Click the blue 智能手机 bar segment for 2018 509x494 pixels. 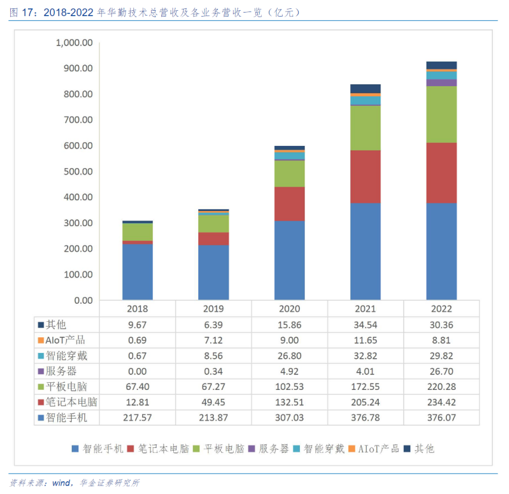click(x=137, y=272)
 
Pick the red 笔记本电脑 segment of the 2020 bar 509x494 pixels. click(x=289, y=203)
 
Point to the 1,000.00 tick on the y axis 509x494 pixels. click(x=73, y=43)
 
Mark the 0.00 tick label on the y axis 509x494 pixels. click(x=82, y=300)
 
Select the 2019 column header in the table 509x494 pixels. click(x=213, y=309)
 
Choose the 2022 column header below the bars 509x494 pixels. click(x=441, y=309)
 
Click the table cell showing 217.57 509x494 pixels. click(x=137, y=417)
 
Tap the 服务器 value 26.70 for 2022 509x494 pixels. click(x=441, y=371)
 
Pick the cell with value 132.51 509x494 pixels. click(x=289, y=402)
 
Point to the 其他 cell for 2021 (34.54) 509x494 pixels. click(x=365, y=325)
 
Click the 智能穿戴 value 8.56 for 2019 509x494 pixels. click(x=213, y=356)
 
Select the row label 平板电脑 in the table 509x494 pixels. click(x=66, y=386)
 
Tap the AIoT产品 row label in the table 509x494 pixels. click(x=66, y=340)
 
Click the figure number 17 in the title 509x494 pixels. click(x=27, y=11)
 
